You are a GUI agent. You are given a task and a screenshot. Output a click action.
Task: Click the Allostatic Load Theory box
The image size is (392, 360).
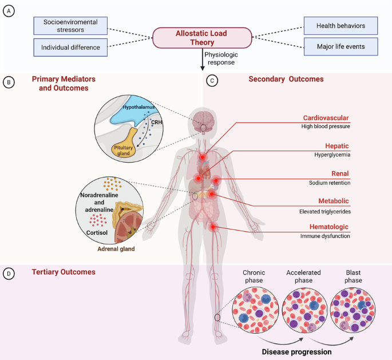pyautogui.click(x=201, y=38)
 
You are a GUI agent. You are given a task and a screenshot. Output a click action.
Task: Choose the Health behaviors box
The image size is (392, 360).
pyautogui.click(x=340, y=25)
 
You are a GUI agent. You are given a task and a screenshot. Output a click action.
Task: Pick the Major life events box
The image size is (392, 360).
pyautogui.click(x=340, y=46)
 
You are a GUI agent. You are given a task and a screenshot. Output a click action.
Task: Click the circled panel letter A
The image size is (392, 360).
pyautogui.click(x=8, y=11)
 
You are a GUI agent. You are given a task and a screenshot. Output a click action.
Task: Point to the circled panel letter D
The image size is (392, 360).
pyautogui.click(x=8, y=272)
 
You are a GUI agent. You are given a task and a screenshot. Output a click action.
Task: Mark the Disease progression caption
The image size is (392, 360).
pyautogui.click(x=296, y=352)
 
